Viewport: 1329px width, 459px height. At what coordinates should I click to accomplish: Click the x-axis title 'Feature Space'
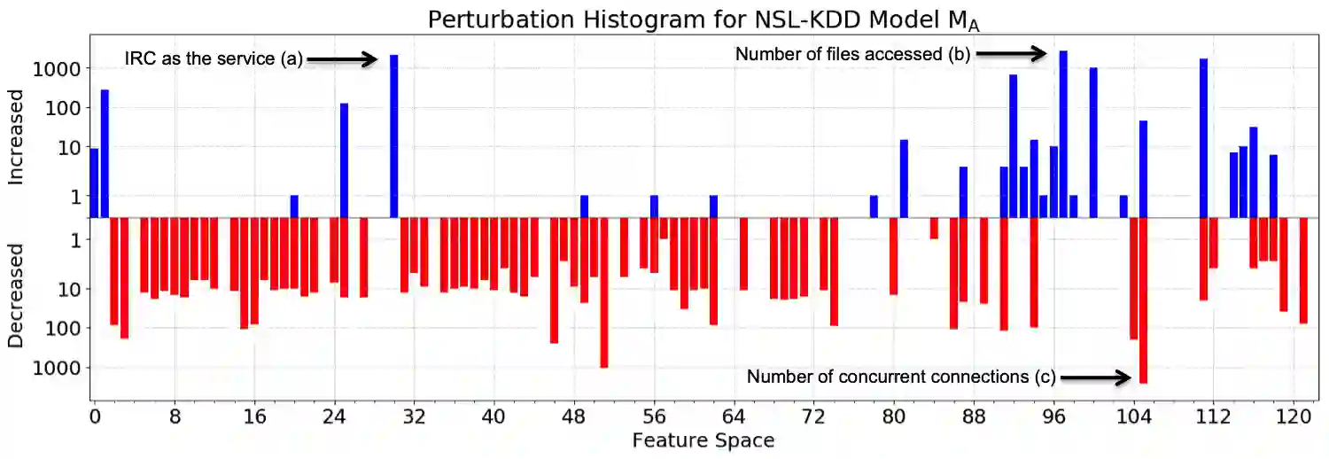click(703, 440)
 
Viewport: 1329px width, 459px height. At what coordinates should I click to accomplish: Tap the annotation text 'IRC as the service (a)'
click(214, 60)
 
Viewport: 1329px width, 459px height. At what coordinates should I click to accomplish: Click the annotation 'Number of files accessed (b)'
click(852, 55)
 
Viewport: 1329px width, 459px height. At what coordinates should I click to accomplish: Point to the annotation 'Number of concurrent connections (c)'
click(900, 377)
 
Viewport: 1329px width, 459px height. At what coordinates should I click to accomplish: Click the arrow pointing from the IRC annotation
click(342, 60)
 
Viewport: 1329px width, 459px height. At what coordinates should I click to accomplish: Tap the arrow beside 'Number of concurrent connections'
click(1095, 378)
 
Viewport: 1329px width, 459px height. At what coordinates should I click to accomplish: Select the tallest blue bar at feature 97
click(1063, 133)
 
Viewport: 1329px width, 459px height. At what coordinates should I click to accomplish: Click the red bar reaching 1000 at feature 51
click(603, 292)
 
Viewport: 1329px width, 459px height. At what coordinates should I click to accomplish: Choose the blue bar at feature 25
click(344, 159)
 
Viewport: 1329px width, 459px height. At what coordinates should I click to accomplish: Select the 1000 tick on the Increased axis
click(57, 69)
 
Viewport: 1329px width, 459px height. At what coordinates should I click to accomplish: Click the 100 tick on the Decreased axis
click(65, 328)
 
